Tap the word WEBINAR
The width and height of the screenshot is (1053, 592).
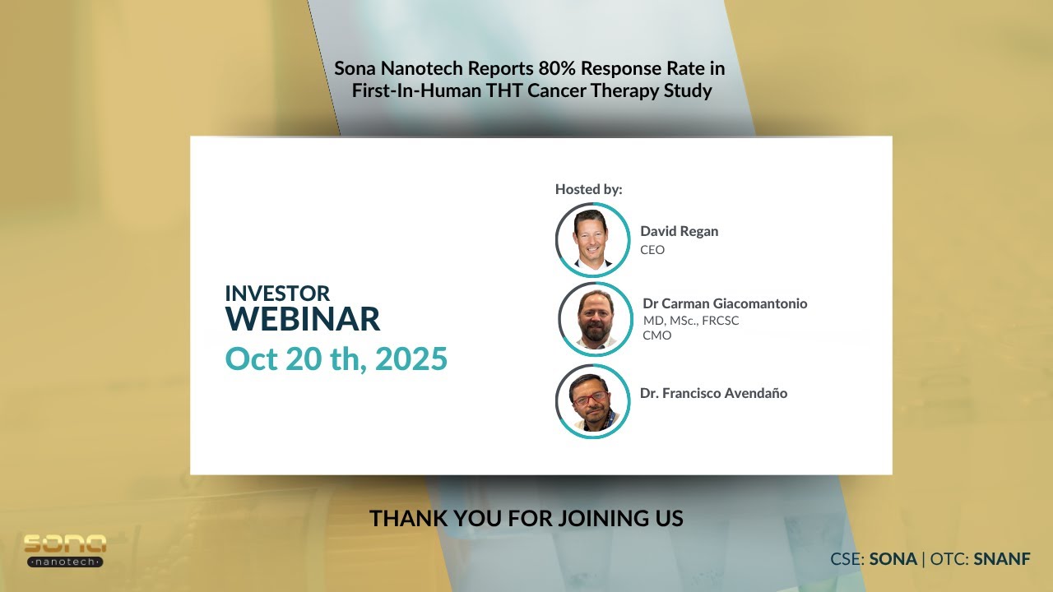click(303, 319)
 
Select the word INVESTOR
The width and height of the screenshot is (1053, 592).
click(277, 293)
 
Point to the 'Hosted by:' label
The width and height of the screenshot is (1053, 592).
click(588, 189)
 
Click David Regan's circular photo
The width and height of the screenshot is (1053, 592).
click(592, 239)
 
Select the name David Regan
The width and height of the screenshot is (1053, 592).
click(679, 231)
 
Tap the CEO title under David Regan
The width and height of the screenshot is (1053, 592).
click(652, 250)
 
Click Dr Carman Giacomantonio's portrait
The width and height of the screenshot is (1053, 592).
click(596, 319)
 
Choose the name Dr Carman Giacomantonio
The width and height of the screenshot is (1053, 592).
click(725, 303)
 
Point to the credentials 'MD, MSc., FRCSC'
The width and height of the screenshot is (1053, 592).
click(691, 321)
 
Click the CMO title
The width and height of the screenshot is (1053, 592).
click(657, 335)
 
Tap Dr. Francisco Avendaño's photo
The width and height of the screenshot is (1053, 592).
click(592, 401)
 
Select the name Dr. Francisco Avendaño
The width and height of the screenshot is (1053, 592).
click(713, 393)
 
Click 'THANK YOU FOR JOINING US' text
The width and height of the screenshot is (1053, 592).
click(526, 519)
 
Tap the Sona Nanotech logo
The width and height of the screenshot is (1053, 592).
click(64, 550)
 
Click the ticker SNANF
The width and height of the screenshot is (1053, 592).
click(1002, 559)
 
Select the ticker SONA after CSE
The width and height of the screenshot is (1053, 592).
click(893, 559)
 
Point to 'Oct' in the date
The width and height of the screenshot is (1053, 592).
click(253, 359)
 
